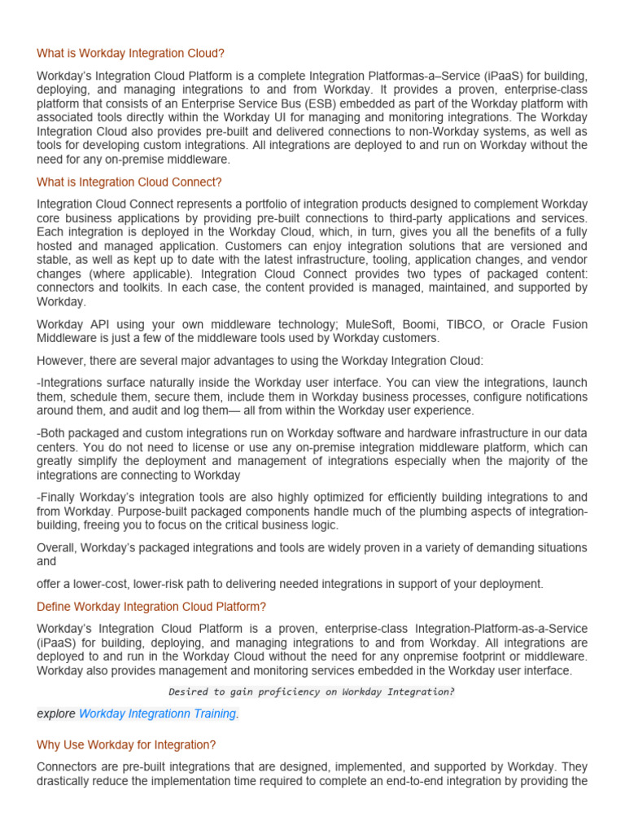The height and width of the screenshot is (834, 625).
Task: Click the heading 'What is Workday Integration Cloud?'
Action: [131, 54]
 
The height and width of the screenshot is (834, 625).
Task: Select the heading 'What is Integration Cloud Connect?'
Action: [129, 182]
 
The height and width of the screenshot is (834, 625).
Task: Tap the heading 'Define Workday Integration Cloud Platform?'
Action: [152, 607]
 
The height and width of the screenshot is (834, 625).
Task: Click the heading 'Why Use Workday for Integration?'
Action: [126, 745]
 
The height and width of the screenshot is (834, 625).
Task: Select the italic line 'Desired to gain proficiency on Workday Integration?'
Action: [312, 692]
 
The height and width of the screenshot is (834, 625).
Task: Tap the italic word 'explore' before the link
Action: [56, 713]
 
